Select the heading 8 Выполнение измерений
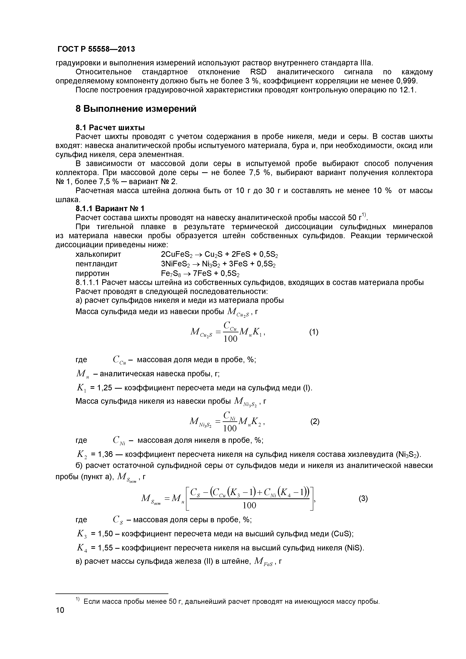[x=136, y=109]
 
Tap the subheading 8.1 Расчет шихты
[x=110, y=127]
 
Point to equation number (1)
[x=314, y=332]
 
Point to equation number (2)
[x=315, y=422]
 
